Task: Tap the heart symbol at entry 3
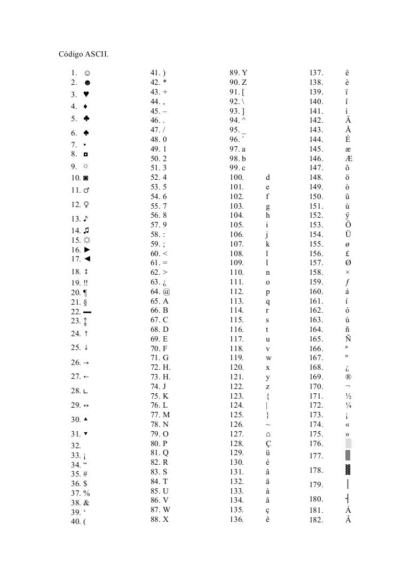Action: [86, 94]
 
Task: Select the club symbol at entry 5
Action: [86, 118]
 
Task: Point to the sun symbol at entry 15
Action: [86, 240]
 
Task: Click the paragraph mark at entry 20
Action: [85, 292]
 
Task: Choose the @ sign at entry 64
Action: [167, 292]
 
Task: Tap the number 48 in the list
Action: [155, 140]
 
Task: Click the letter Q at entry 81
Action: [165, 453]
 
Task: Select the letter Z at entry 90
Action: [244, 83]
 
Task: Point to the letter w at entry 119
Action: [268, 357]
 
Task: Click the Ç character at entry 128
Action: [268, 443]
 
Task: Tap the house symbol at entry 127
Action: [268, 434]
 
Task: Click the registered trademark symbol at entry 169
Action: [348, 377]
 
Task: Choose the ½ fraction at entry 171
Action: [348, 396]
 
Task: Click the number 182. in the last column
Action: [317, 520]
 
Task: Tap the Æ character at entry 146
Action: [349, 159]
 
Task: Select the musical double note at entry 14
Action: [86, 230]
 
